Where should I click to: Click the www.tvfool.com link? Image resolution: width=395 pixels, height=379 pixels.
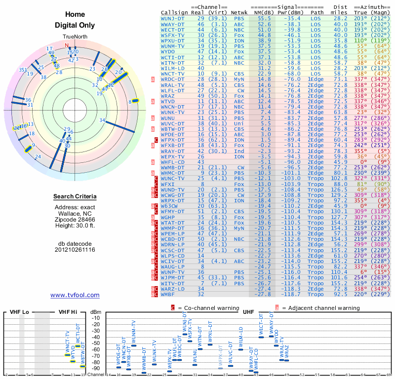[75, 295]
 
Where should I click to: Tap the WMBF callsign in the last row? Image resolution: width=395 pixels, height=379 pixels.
[169, 294]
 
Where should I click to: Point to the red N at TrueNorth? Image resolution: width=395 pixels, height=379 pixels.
[68, 45]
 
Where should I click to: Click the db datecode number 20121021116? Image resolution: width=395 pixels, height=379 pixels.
[75, 250]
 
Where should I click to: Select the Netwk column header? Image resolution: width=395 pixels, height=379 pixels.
[239, 12]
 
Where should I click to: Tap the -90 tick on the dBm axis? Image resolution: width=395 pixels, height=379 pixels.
[95, 368]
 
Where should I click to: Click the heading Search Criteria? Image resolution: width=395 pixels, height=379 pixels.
[75, 197]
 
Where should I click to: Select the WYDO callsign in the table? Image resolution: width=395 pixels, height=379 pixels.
[168, 51]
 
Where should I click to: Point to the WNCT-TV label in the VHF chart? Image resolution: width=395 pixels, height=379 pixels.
[68, 342]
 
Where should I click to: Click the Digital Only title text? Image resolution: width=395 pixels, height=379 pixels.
[75, 25]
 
